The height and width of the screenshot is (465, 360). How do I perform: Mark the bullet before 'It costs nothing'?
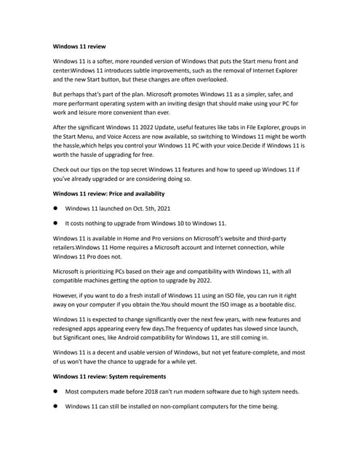point(55,223)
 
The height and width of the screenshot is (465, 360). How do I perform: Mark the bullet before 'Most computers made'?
point(55,392)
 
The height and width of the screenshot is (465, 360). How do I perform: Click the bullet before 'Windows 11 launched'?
point(55,209)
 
